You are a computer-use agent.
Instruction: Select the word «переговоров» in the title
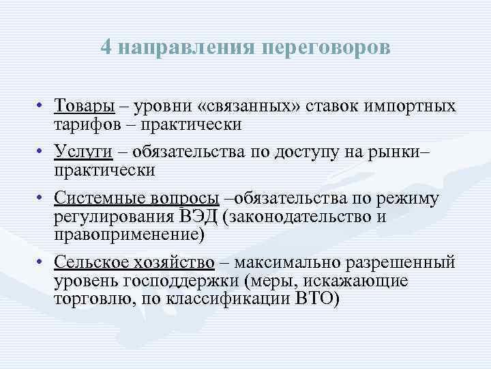tap(326, 48)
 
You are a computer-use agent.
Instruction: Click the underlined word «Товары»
tap(85, 107)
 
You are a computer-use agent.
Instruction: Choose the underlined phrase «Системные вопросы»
tap(137, 197)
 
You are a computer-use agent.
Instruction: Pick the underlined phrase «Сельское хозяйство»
tap(135, 262)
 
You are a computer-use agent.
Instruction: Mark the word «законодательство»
tap(307, 217)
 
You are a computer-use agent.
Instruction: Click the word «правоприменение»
tap(128, 234)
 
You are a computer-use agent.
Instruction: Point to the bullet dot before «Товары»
tap(42, 107)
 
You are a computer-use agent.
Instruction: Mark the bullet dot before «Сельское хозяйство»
tap(42, 263)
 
